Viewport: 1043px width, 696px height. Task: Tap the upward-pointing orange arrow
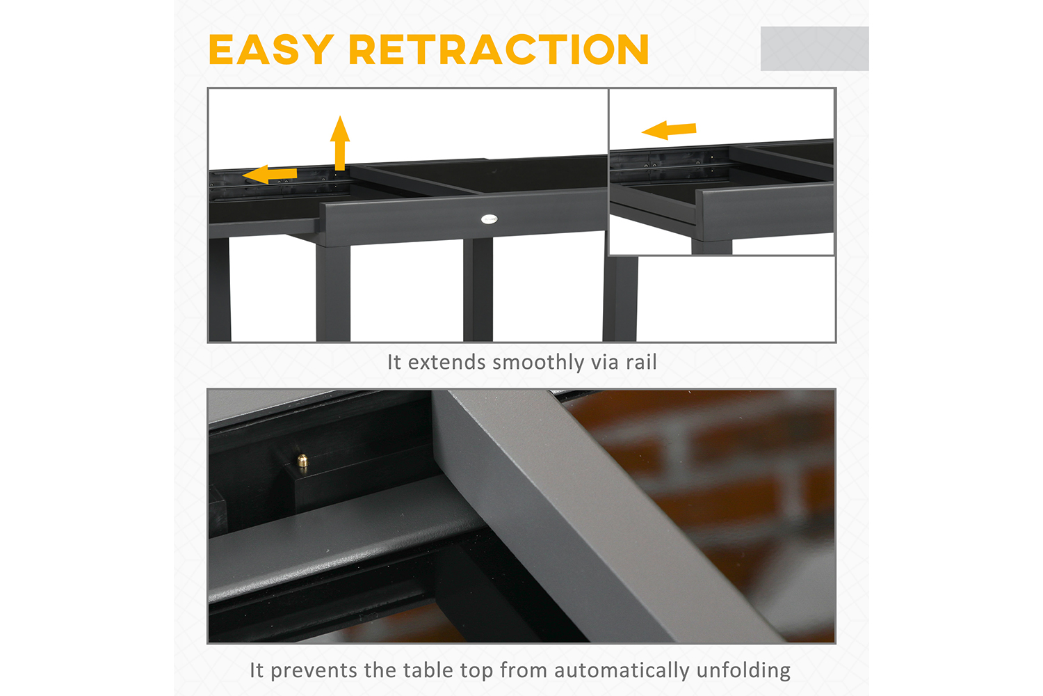click(340, 143)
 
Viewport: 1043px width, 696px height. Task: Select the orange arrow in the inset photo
click(669, 130)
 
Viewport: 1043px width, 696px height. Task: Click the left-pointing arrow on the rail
click(270, 175)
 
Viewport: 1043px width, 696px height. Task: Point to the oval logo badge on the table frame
click(489, 219)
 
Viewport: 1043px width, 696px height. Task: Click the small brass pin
click(302, 461)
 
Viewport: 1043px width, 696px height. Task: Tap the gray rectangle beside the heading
click(814, 49)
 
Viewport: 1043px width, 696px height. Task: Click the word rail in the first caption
click(641, 362)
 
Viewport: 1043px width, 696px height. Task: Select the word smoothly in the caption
click(537, 363)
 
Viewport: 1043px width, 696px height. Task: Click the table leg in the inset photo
click(711, 247)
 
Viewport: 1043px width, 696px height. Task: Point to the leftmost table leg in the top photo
click(219, 290)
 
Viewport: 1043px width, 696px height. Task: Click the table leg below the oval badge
click(478, 290)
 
